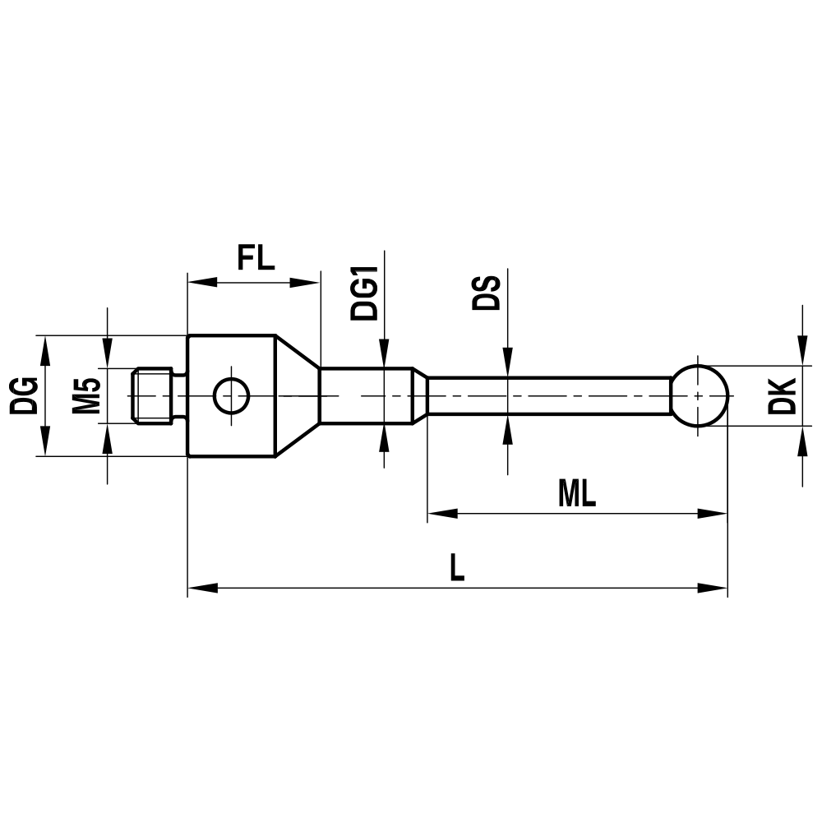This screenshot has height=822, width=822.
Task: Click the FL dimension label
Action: pyautogui.click(x=255, y=257)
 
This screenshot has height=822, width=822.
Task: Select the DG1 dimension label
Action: pyautogui.click(x=363, y=292)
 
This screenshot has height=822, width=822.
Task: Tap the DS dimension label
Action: pyautogui.click(x=487, y=292)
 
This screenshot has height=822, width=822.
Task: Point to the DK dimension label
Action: pyautogui.click(x=787, y=396)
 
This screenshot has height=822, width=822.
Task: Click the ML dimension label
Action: pyautogui.click(x=576, y=494)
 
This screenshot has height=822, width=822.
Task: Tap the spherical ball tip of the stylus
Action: pyautogui.click(x=700, y=395)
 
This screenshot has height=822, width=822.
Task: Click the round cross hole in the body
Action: pyautogui.click(x=231, y=395)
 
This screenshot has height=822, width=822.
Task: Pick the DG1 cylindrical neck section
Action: pyautogui.click(x=366, y=395)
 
